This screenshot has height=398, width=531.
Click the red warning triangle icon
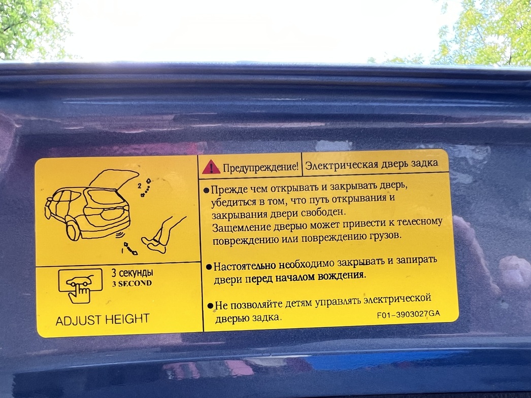pyautogui.click(x=211, y=167)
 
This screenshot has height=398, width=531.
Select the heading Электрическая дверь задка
pyautogui.click(x=372, y=165)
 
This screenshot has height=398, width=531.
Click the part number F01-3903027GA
pyautogui.click(x=409, y=314)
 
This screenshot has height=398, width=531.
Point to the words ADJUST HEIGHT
pyautogui.click(x=102, y=320)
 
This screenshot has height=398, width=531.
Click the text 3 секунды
pyautogui.click(x=132, y=273)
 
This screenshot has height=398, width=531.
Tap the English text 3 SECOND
pyautogui.click(x=132, y=283)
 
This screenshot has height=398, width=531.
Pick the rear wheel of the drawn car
pyautogui.click(x=73, y=229)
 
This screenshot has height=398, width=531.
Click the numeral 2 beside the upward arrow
pyautogui.click(x=140, y=186)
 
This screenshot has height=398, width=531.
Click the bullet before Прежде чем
pyautogui.click(x=206, y=191)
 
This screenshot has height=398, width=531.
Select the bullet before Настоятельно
pyautogui.click(x=209, y=267)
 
